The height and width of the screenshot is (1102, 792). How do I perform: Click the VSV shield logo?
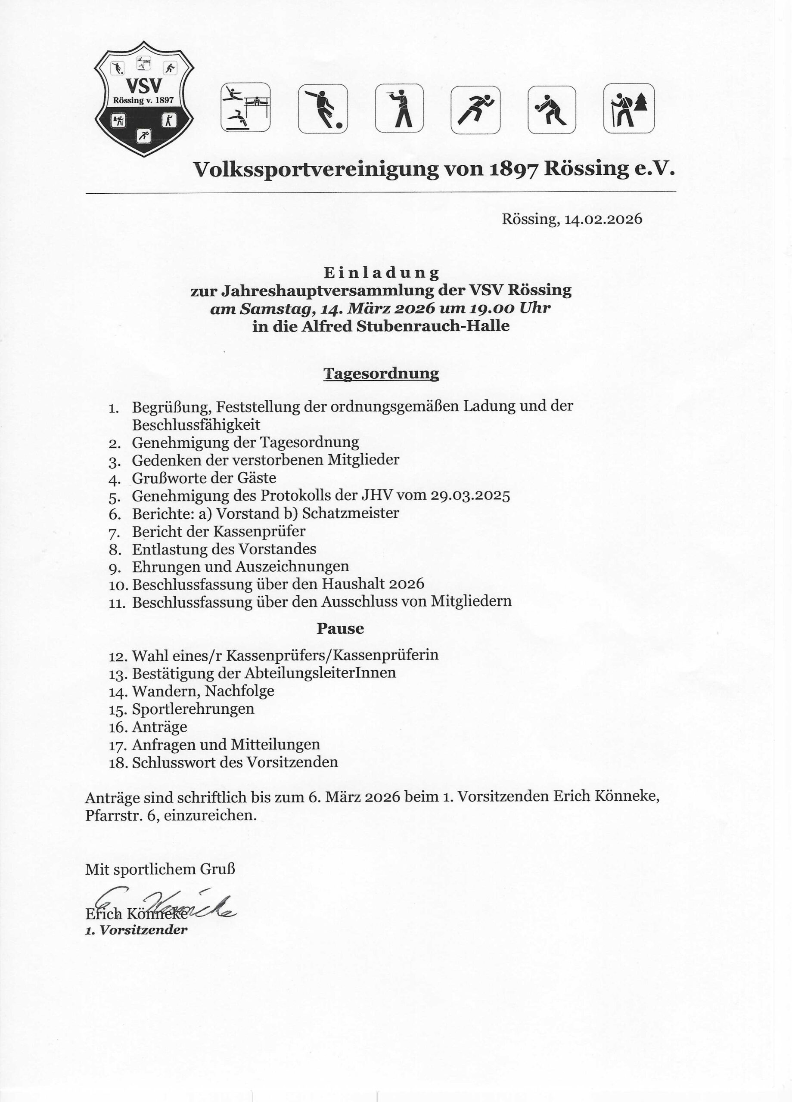pos(144,99)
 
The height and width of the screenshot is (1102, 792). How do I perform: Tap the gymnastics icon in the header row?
pos(245,107)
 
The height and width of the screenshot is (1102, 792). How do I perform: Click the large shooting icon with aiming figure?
pos(399,108)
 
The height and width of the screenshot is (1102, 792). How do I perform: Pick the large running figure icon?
pos(475,110)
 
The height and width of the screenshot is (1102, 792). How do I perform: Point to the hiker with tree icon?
pos(629,108)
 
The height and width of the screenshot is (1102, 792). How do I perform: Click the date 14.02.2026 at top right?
pos(603,219)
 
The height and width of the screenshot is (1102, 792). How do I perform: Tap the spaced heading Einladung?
pos(381,272)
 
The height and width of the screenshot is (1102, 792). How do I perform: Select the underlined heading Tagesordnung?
pos(381,373)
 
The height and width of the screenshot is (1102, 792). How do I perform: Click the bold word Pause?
pos(340,628)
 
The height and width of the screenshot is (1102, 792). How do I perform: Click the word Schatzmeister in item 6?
pos(351,513)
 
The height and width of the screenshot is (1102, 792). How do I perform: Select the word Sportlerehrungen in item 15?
pos(193,709)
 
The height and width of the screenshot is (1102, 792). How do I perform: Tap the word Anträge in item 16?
pos(159,727)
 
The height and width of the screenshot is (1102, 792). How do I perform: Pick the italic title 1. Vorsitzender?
pos(136,930)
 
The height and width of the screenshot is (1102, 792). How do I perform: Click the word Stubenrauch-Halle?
pos(433,326)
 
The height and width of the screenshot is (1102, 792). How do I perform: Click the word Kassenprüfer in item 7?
pos(259,531)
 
